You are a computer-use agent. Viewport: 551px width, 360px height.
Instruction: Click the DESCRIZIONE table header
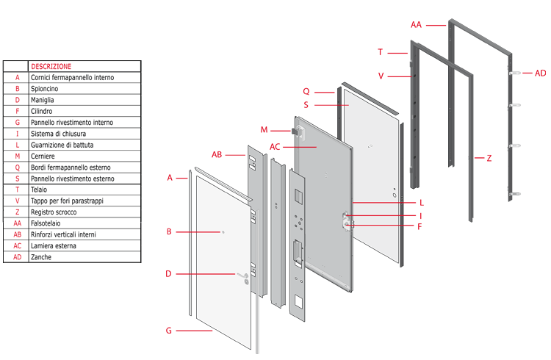tap(51, 66)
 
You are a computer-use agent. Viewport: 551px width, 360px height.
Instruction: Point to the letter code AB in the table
tap(17, 234)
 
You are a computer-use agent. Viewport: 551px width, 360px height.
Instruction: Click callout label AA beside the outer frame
tap(417, 25)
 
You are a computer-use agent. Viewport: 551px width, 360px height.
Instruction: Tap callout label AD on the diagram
tap(540, 73)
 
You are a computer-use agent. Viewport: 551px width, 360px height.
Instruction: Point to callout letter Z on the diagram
tap(489, 158)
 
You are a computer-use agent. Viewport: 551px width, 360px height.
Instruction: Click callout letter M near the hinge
tap(264, 130)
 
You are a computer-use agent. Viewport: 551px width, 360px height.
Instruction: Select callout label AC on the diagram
tap(274, 146)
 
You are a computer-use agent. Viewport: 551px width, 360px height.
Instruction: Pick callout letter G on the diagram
tap(168, 331)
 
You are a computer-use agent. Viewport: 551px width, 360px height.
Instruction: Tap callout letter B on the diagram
tap(169, 231)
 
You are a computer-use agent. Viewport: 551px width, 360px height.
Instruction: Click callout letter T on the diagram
tap(380, 52)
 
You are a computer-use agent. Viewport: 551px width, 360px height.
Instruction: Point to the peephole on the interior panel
tap(222, 232)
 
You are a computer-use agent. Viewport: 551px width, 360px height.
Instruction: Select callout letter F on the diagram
tap(419, 227)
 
